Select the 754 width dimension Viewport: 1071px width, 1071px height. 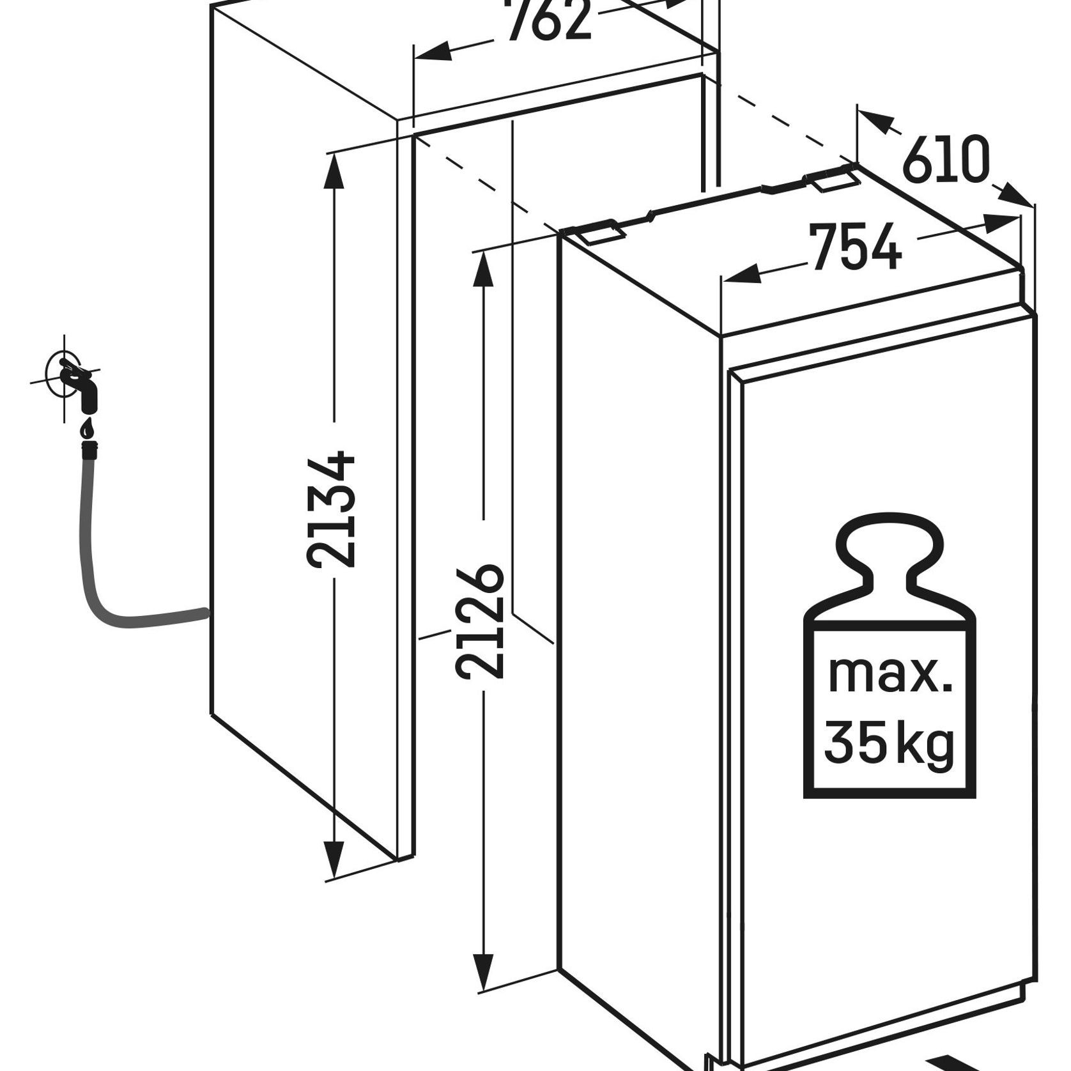click(x=856, y=246)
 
